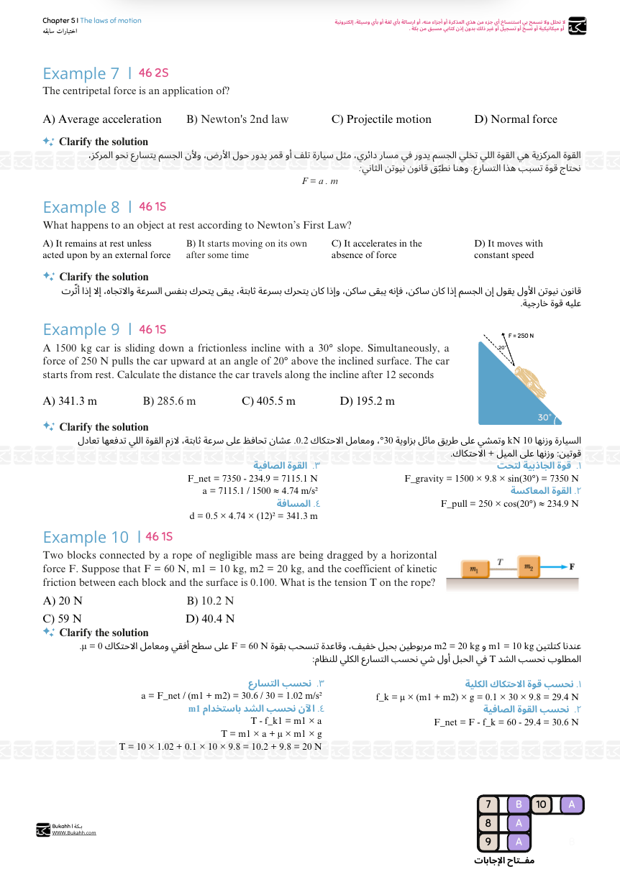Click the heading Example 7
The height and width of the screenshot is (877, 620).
coord(81,73)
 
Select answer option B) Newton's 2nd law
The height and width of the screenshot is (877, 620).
coord(237,119)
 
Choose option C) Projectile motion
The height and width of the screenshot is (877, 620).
coord(381,119)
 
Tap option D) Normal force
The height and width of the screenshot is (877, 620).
coord(515,119)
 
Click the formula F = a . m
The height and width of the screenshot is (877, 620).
coord(319,181)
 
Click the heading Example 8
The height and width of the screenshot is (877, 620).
coord(81,208)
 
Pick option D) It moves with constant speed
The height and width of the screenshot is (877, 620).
coord(508,249)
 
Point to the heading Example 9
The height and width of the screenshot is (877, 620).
coord(81,330)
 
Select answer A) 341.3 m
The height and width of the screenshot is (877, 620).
coord(70,401)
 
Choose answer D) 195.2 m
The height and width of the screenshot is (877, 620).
coord(367,401)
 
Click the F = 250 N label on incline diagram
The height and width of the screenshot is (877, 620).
coord(521,336)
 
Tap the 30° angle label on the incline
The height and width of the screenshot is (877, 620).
coord(544,417)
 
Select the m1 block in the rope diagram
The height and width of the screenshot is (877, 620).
coord(474,569)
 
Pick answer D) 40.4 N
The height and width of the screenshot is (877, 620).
coord(210,619)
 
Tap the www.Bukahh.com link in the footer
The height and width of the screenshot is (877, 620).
coord(74,833)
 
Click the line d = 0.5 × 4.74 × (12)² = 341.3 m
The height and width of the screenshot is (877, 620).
coord(253,516)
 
